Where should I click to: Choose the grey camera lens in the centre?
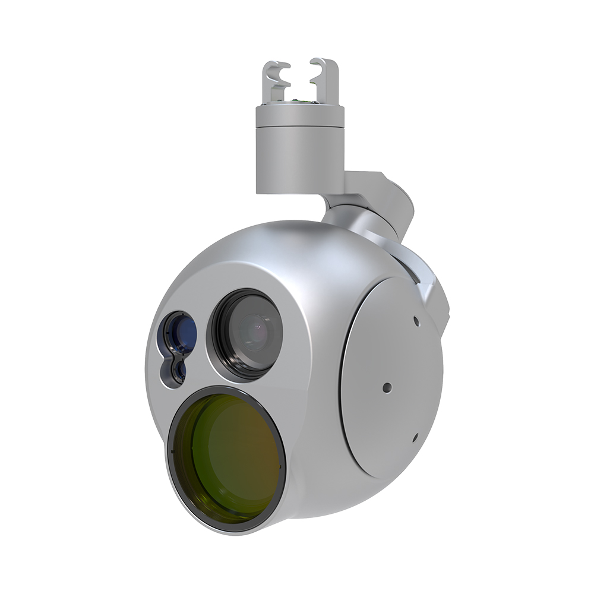252,333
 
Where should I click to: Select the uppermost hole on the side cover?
416,321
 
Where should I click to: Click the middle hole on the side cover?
387,387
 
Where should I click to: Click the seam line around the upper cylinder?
300,128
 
